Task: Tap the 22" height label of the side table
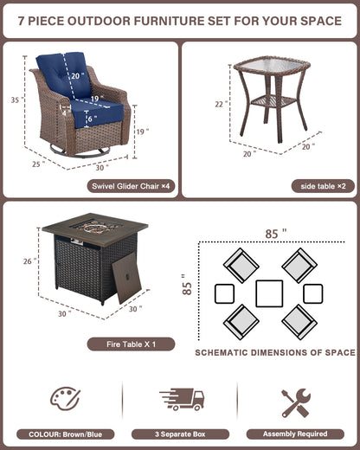221,104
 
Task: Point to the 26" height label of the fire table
29,261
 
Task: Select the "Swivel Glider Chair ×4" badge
131,186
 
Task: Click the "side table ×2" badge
323,186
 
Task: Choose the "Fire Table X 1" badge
131,344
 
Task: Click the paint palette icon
65,399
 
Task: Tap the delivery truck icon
182,399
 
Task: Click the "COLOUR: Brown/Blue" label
66,434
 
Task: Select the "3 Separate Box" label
180,434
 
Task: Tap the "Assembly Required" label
295,434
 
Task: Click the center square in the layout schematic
269,293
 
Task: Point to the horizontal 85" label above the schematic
276,234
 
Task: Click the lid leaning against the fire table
126,278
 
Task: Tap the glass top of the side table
271,66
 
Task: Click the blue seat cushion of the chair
97,112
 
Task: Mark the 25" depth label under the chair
39,164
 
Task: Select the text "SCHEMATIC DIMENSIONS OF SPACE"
275,352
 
